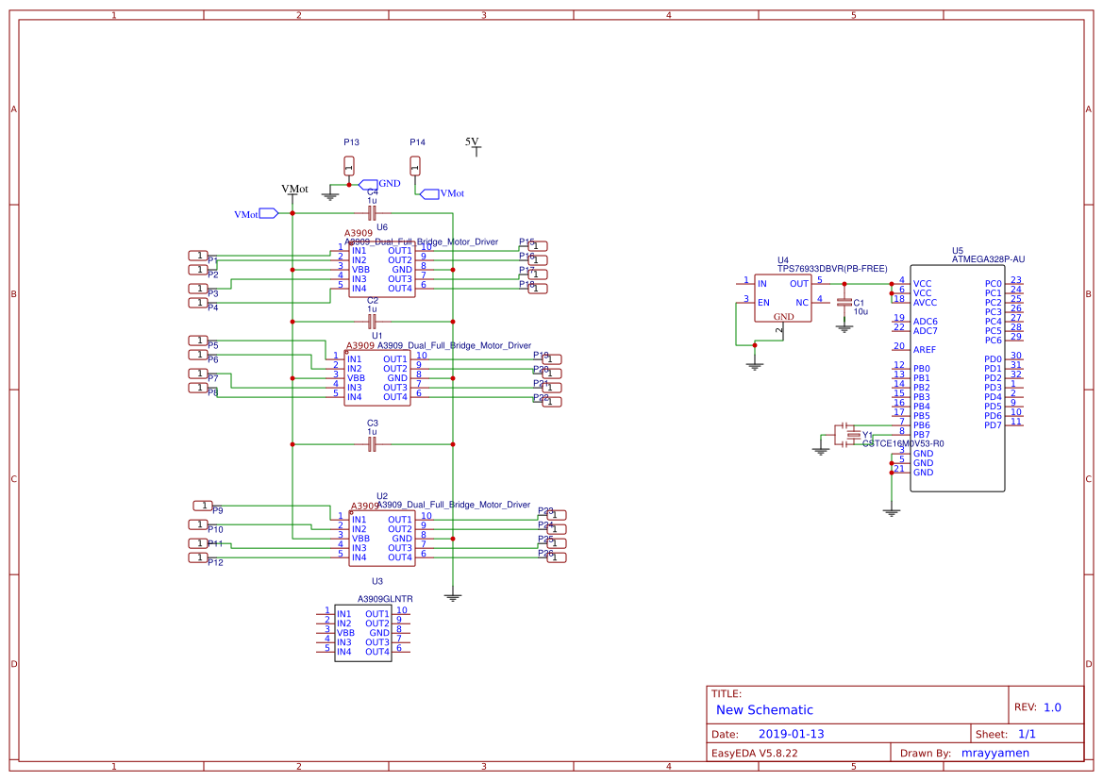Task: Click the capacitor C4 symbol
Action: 372,213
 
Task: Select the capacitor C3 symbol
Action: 372,443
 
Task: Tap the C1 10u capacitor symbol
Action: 844,304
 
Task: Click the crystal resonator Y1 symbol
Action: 854,434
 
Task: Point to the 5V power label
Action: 473,142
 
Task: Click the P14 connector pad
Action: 415,167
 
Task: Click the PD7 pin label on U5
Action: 992,425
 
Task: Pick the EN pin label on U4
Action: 762,303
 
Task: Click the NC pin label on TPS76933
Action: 801,303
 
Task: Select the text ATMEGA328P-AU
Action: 989,258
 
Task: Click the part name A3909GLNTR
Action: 385,599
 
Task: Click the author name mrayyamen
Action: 994,753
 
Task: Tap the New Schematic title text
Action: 764,710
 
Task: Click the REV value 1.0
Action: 1052,707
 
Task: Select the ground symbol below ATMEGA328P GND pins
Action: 891,512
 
